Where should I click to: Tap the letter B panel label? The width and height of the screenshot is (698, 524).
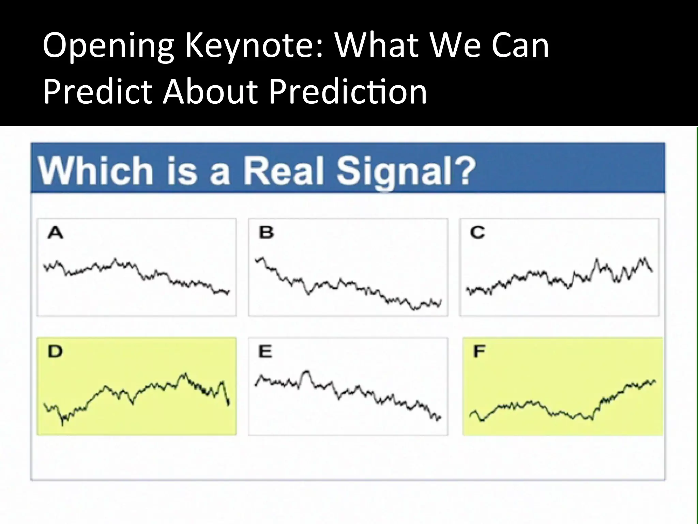coord(266,233)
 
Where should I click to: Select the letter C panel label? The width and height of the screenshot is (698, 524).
coord(477,233)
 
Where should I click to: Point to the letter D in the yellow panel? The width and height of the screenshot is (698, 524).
coord(55,351)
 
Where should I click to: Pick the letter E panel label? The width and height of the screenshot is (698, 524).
coord(265,351)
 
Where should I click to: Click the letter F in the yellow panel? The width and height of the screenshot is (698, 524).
coord(479,351)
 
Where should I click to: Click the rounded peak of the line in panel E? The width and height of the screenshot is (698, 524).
coord(306,372)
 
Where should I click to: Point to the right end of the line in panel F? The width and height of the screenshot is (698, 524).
coord(655,381)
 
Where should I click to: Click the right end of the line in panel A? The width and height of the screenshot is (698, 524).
coord(229,292)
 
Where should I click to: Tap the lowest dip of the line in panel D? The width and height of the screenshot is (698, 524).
coord(62,424)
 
